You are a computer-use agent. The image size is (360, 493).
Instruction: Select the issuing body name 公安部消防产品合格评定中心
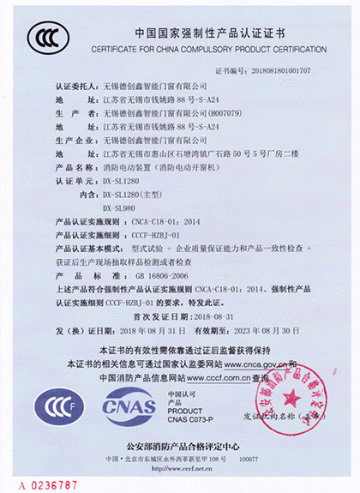pyautogui.click(x=179, y=447)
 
